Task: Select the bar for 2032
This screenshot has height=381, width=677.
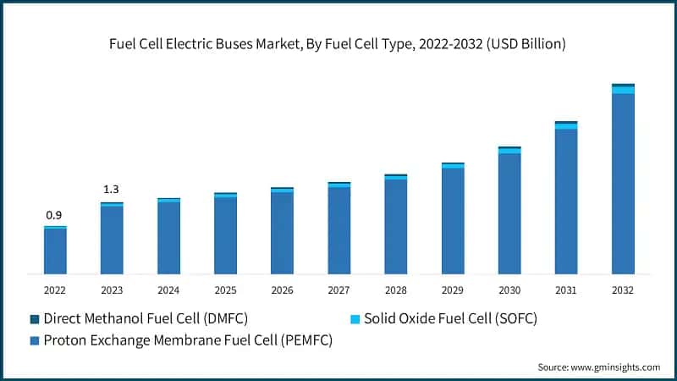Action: point(623,182)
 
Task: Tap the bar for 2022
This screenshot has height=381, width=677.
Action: point(55,251)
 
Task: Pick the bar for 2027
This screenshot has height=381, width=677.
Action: point(338,229)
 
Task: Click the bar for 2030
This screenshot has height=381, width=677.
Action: point(509,212)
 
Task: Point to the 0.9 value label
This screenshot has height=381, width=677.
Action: point(54,215)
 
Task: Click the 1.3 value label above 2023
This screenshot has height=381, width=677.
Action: point(112,189)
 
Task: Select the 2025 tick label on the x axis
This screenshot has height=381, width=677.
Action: point(225,290)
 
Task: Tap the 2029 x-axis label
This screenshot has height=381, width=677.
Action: point(453,290)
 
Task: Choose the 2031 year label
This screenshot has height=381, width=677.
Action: point(566,290)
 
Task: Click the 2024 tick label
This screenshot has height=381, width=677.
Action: point(168,290)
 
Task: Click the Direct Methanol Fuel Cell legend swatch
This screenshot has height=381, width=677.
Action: point(35,319)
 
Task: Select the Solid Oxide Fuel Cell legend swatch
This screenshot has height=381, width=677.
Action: point(355,319)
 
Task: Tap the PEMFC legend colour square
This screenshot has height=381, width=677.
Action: point(35,341)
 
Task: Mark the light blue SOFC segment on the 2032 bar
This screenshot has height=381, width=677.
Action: point(623,90)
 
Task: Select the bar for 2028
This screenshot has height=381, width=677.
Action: point(396,225)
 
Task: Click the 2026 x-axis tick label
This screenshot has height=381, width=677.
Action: point(282,290)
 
